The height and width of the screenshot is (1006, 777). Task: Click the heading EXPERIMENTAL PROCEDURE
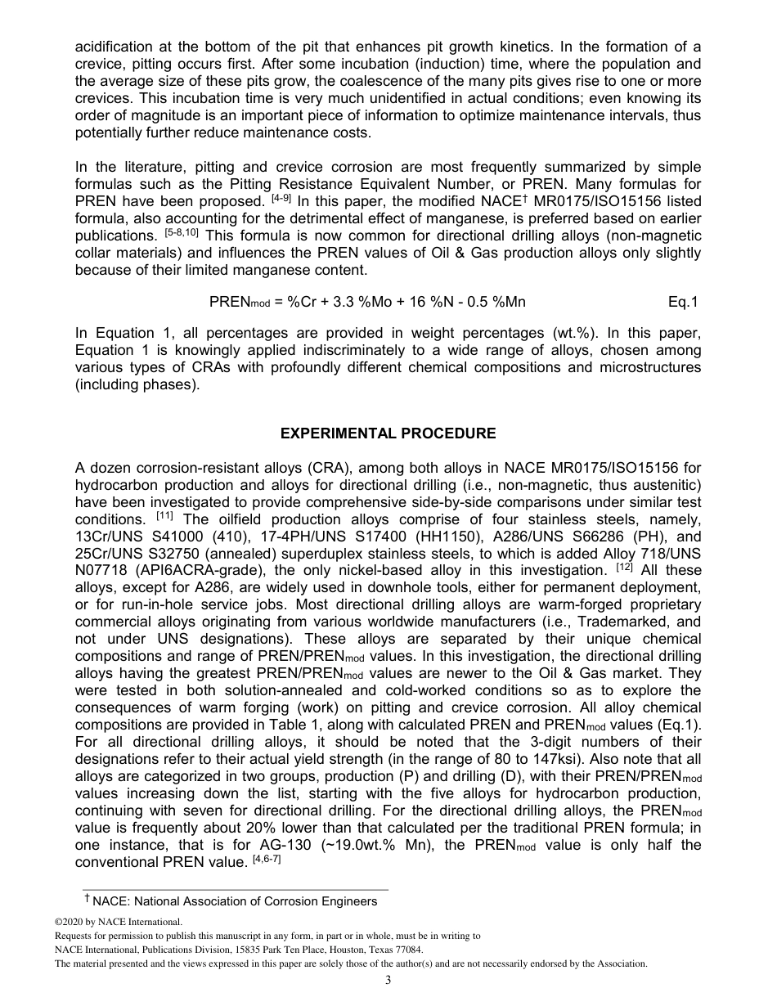[388, 433]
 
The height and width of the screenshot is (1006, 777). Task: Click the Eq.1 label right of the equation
[683, 302]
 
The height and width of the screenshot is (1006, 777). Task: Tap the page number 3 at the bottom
[388, 981]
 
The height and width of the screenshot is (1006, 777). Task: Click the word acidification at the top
[115, 47]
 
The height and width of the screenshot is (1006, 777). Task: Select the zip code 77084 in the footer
[406, 950]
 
